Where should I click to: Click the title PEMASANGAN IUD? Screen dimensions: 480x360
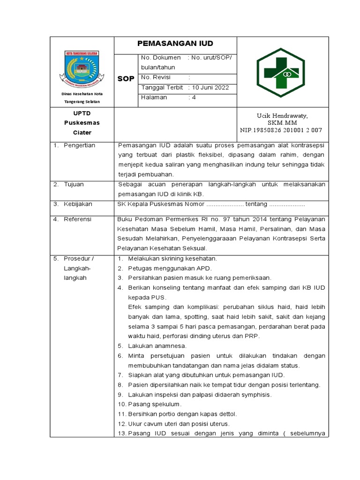click(175, 44)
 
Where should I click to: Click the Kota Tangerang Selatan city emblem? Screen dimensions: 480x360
click(82, 67)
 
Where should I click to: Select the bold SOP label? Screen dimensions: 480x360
click(126, 78)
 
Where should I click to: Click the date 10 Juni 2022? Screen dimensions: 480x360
click(209, 88)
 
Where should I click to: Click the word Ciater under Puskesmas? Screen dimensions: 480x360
click(82, 133)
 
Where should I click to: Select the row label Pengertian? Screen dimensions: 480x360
click(80, 145)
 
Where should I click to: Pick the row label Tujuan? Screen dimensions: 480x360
click(74, 184)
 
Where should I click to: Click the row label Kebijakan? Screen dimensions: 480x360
click(78, 204)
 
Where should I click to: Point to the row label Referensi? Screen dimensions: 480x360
click(77, 219)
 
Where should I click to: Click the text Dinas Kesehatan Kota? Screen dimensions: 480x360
click(82, 94)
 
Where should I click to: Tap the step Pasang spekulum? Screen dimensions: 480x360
click(154, 404)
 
